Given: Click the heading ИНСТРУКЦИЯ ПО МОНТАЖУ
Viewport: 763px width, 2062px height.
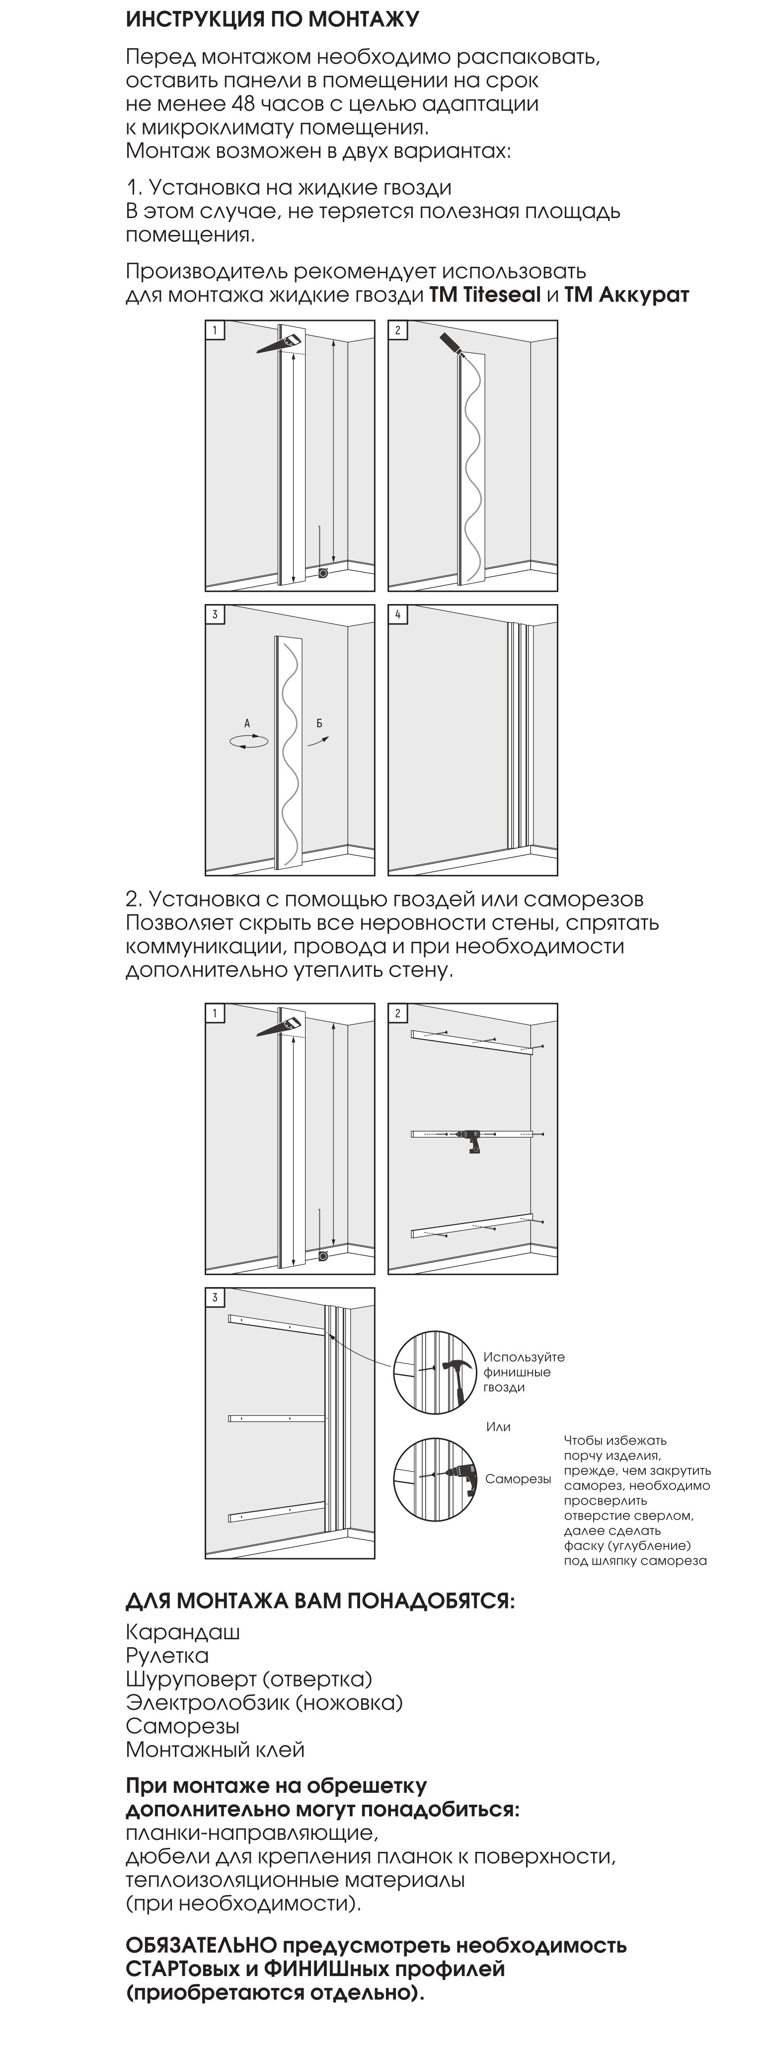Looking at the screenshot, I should (272, 19).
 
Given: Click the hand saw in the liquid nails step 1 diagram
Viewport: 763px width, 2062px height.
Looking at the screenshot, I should (280, 342).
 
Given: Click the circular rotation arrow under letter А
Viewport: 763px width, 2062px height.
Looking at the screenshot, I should (248, 742).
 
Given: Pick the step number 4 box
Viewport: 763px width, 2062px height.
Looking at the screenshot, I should (398, 615).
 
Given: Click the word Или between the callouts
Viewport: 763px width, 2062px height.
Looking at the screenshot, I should (498, 1427).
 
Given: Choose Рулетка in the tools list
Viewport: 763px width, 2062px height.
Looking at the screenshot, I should (167, 1655).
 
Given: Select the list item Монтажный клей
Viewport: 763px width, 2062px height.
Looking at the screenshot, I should (216, 1750).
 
